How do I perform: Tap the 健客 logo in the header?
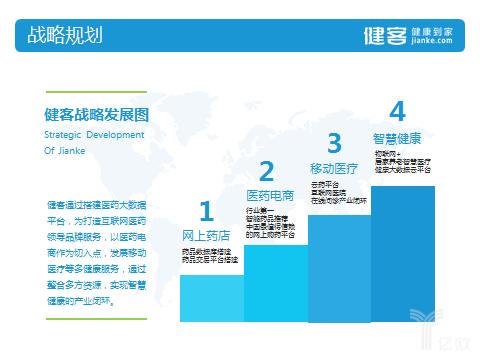click(384, 36)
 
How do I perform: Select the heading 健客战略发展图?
click(96, 114)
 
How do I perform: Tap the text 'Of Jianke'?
click(67, 151)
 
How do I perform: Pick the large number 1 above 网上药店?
click(206, 212)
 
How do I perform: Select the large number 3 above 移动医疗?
click(334, 142)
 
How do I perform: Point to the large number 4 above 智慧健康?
click(397, 111)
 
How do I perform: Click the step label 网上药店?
click(206, 236)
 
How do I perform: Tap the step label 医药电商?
click(270, 194)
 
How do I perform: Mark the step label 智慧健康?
click(397, 138)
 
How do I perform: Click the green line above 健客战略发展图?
click(96, 88)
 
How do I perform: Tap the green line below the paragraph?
click(96, 319)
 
